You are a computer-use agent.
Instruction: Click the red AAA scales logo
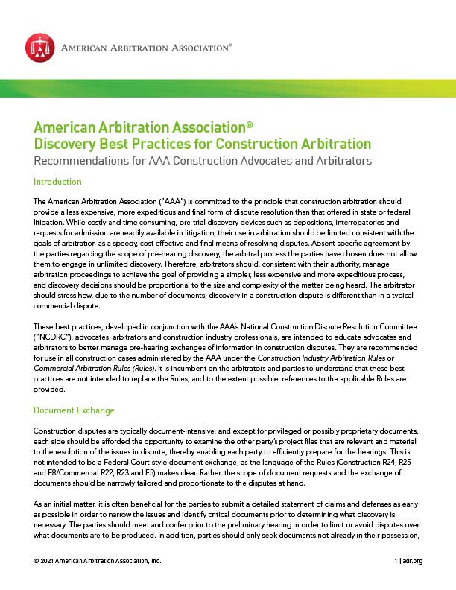click(x=39, y=48)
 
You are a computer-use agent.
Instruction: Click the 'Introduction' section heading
click(x=57, y=182)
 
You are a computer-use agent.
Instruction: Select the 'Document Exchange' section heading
click(x=75, y=410)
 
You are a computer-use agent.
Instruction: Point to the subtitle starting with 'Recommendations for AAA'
click(x=203, y=160)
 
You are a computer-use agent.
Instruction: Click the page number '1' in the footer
click(x=396, y=561)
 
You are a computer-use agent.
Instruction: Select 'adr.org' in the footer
click(x=412, y=561)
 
